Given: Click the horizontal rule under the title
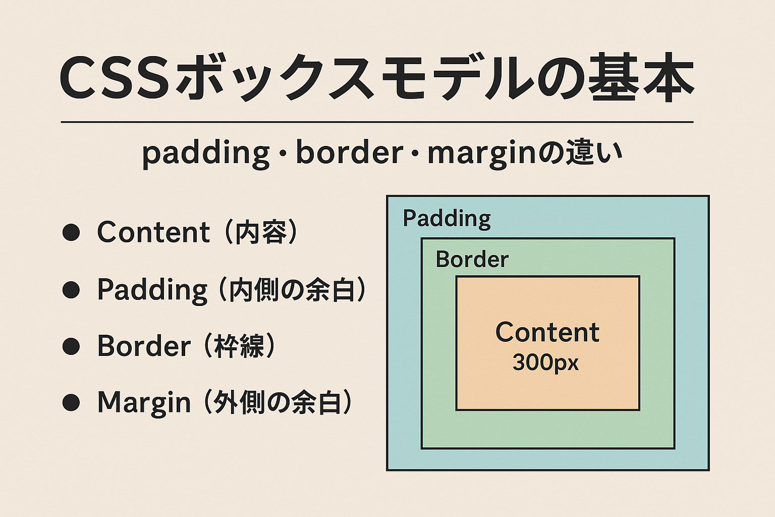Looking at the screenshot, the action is tap(377, 122).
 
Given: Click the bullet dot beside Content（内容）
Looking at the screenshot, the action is tap(71, 232).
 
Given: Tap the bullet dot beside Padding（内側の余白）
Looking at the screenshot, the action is tap(71, 289).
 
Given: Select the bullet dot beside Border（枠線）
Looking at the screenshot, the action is tap(71, 346).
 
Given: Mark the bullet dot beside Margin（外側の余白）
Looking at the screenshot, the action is tap(71, 402).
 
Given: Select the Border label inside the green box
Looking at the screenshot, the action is tap(472, 260).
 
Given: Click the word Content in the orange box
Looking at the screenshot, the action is tap(547, 332).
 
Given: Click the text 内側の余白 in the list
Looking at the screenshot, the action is tap(292, 289).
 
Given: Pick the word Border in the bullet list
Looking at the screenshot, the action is tap(144, 346).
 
